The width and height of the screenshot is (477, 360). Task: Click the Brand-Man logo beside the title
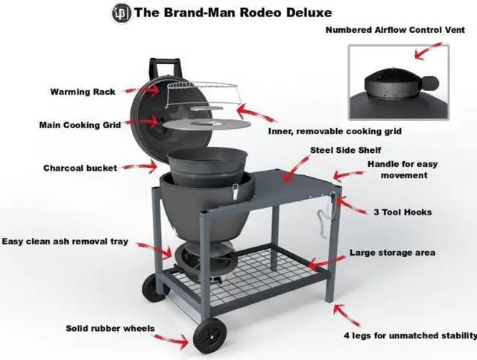coord(120,13)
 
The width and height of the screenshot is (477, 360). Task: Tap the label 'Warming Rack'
coord(83,92)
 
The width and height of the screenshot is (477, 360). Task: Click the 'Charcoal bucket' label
coord(80,168)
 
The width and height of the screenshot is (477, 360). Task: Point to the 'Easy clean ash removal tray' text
coord(65,241)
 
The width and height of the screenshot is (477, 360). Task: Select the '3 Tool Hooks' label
coord(402,212)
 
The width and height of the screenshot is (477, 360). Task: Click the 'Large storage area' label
coord(392,253)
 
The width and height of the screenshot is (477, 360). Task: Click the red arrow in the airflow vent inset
coord(429,51)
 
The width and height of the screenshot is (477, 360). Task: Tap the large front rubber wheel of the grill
coord(209,335)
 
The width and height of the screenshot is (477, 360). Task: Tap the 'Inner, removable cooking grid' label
coord(335,131)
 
